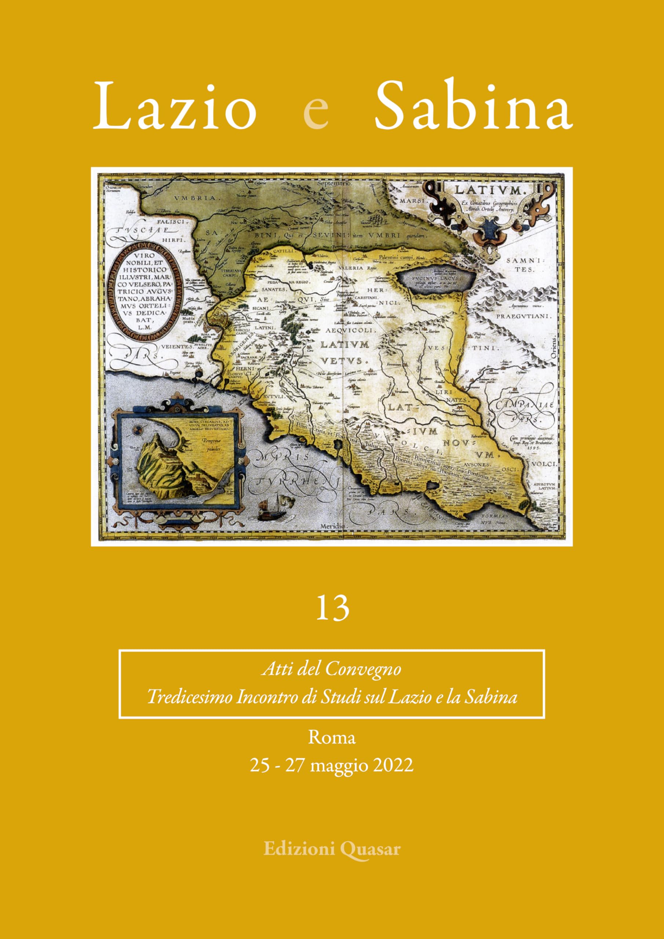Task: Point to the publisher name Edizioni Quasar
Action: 332,849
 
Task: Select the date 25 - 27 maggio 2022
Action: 332,765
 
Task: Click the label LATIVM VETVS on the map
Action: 345,352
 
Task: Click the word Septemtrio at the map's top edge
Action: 335,184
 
